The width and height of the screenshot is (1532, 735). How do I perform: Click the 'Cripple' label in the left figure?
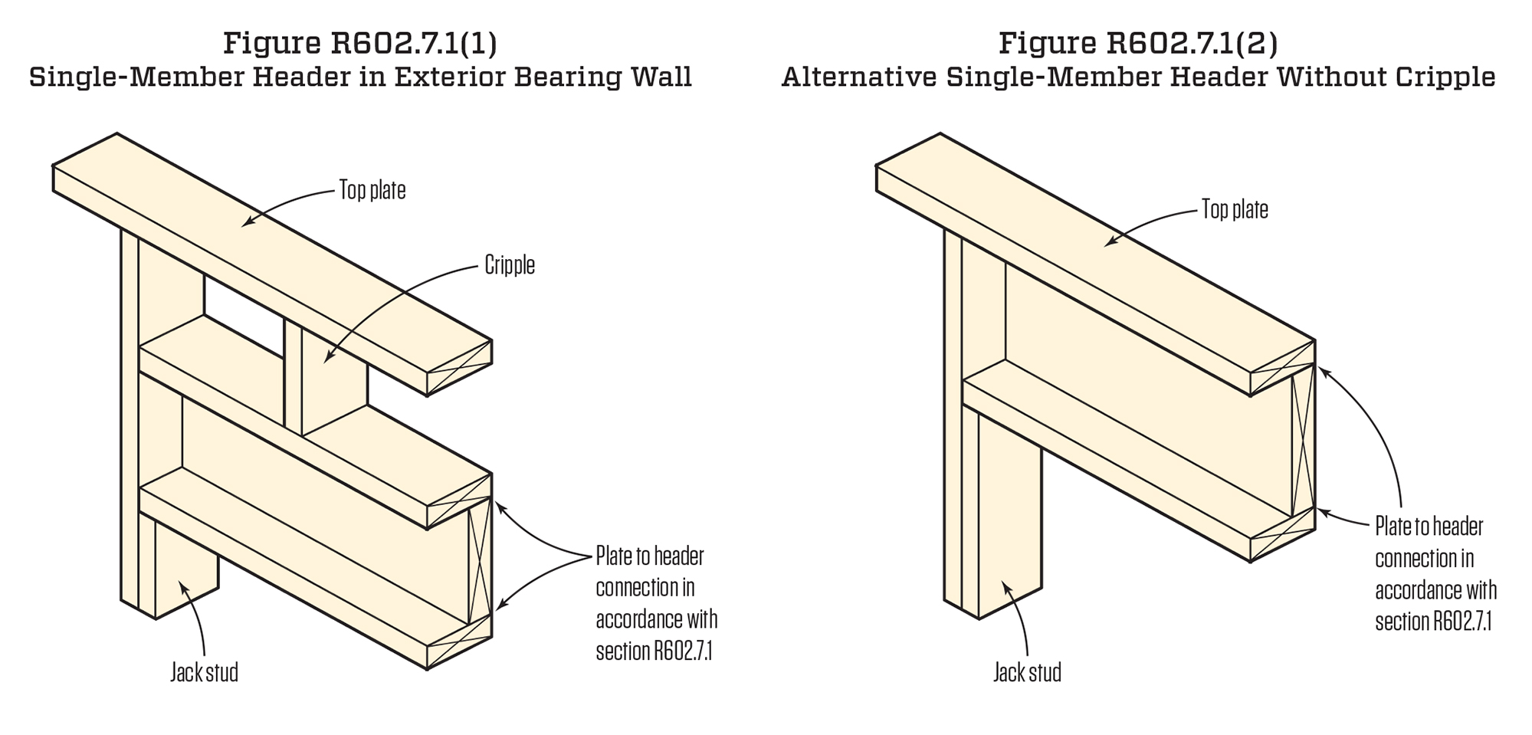pyautogui.click(x=510, y=266)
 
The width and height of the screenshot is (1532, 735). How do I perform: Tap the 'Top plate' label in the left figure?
pyautogui.click(x=372, y=190)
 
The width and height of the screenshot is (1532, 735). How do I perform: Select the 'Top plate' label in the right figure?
pyautogui.click(x=1235, y=209)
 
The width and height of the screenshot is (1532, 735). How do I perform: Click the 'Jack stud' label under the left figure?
pyautogui.click(x=204, y=673)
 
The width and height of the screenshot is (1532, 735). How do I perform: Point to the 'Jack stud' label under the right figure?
pyautogui.click(x=1027, y=673)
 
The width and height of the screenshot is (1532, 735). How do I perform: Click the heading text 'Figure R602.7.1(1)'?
pyautogui.click(x=360, y=43)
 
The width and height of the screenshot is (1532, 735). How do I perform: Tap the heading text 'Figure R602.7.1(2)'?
pyautogui.click(x=1138, y=43)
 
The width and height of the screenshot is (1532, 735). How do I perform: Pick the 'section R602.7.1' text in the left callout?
pyautogui.click(x=654, y=651)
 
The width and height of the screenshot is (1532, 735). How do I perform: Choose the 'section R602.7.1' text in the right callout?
pyautogui.click(x=1433, y=622)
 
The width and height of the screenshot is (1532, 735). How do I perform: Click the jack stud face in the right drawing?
pyautogui.click(x=1009, y=521)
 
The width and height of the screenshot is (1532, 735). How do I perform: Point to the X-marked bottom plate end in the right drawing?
pyautogui.click(x=1282, y=535)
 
